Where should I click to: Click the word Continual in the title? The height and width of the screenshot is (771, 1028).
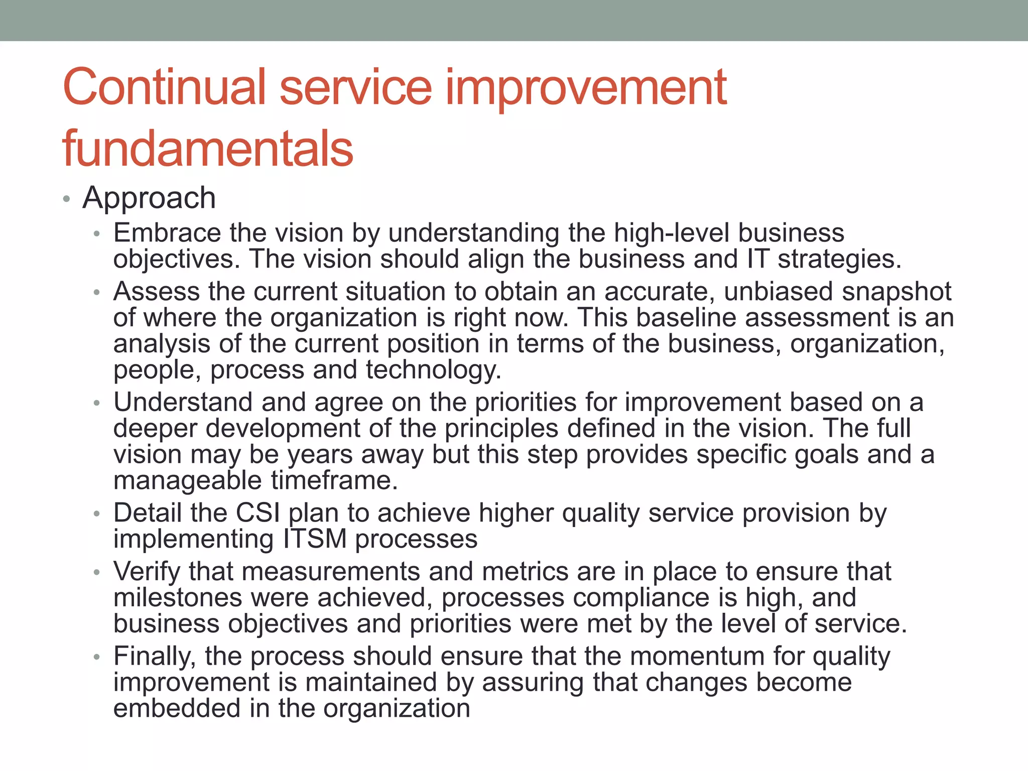pos(164,87)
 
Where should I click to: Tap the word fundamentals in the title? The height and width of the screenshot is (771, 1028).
pos(208,149)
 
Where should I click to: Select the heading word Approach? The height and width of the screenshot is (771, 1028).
pos(149,198)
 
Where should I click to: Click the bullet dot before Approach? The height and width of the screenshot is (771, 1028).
pos(66,199)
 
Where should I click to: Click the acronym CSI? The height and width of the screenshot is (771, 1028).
pos(258,513)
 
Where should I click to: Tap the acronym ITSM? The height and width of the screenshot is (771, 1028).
pos(315,539)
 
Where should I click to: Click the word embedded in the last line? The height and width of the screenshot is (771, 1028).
pos(177,708)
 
